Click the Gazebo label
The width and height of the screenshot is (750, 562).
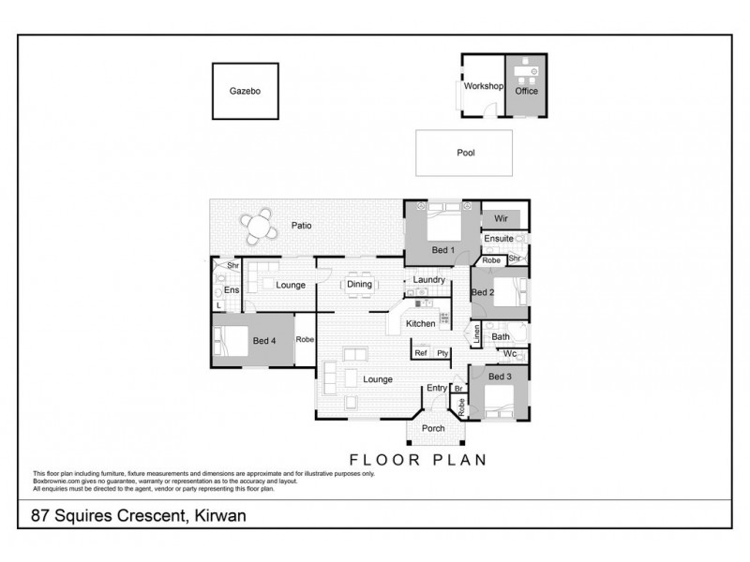point(244,92)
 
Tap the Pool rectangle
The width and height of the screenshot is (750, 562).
point(465,153)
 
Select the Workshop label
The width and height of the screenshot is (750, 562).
point(484,86)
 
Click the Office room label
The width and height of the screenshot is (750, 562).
point(527,92)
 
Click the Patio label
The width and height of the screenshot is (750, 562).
point(301,226)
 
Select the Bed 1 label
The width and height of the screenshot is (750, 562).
point(443,251)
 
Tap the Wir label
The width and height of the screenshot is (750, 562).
point(501,218)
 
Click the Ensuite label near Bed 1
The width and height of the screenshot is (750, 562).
point(498,239)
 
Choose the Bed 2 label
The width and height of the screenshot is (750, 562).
point(482,293)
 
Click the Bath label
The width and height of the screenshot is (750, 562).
point(501,336)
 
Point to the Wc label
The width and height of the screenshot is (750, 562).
point(510,354)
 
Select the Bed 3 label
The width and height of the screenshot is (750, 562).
point(501,377)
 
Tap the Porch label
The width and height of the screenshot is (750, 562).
point(433,429)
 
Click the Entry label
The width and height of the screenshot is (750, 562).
point(437,388)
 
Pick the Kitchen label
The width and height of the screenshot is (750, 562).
point(420,323)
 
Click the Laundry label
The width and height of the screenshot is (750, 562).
point(427,280)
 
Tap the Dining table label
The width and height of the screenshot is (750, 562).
point(360,285)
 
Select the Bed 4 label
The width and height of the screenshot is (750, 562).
point(264,341)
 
